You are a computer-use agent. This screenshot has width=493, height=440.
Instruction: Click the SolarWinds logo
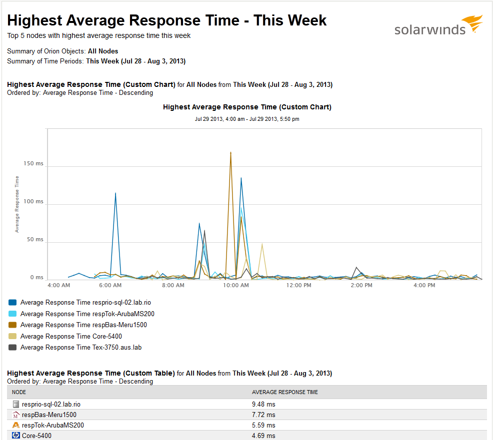click(438, 26)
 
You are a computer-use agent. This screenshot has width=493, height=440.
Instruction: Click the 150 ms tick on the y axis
click(33, 164)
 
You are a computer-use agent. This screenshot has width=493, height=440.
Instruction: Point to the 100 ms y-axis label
click(33, 202)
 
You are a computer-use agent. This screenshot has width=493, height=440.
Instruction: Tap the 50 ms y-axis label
click(34, 240)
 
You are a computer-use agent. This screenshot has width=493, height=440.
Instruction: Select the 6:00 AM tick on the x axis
click(110, 286)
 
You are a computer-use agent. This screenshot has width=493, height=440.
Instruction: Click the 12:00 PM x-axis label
click(299, 286)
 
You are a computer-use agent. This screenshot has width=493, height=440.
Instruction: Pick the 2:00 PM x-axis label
click(361, 286)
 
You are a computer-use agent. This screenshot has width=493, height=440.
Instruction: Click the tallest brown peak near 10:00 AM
click(230, 153)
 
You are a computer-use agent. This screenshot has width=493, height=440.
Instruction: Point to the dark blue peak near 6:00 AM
click(115, 193)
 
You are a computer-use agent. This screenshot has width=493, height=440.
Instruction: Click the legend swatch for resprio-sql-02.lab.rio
click(13, 302)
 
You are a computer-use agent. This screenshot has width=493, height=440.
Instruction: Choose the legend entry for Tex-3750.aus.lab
click(81, 347)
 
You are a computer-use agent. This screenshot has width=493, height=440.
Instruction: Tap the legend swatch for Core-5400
click(13, 336)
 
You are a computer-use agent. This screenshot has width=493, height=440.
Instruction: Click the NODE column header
click(19, 392)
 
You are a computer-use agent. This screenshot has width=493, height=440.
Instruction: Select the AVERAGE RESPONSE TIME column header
click(284, 392)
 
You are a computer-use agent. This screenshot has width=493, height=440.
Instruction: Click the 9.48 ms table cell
click(263, 404)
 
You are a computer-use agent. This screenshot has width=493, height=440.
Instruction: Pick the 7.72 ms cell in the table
click(263, 415)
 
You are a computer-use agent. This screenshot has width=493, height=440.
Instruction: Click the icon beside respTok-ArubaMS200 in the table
click(16, 425)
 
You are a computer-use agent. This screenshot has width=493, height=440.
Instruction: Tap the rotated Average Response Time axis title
click(17, 204)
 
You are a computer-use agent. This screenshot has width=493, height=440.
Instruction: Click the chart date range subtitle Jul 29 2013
click(247, 119)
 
